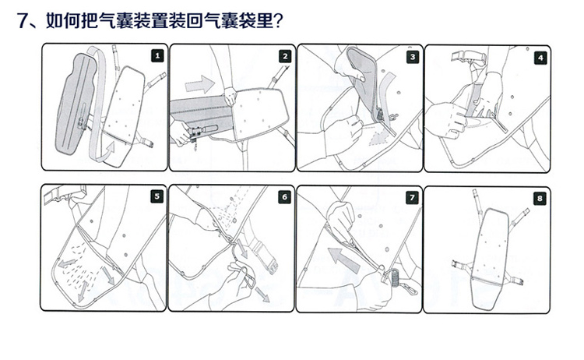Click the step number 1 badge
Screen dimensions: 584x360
(157, 56)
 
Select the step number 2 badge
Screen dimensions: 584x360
(285, 56)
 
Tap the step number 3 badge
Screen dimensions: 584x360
(413, 57)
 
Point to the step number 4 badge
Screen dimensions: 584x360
(540, 58)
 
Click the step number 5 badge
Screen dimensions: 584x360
(157, 196)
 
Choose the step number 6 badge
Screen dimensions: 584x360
(284, 197)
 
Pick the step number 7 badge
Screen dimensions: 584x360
(412, 198)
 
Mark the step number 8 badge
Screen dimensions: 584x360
(540, 198)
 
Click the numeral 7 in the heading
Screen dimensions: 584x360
(23, 21)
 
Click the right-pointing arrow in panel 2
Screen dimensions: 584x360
(199, 84)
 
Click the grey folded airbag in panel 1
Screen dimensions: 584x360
(76, 104)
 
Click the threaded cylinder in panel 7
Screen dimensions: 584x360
(395, 277)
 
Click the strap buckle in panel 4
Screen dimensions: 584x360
(468, 57)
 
